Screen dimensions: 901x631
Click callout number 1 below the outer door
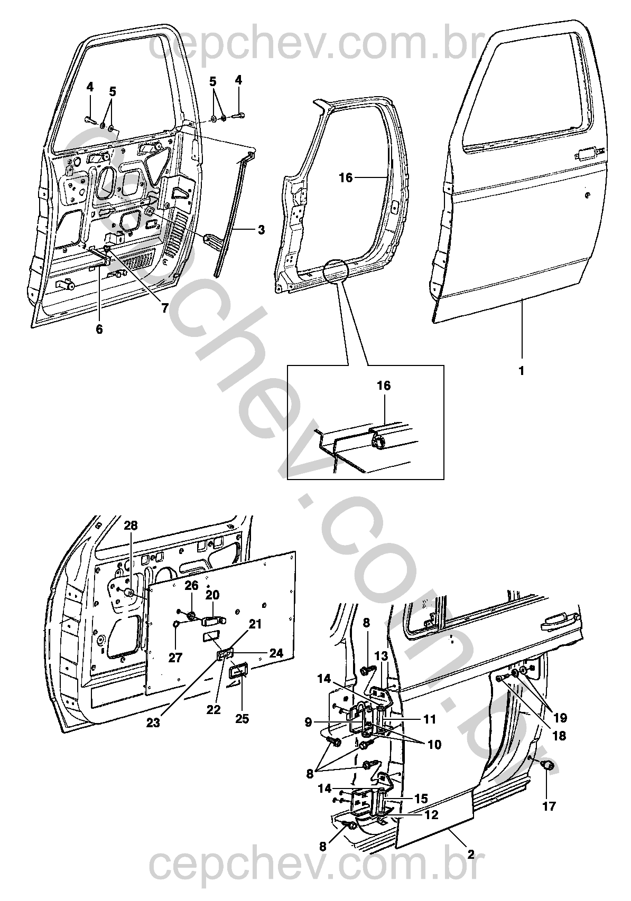(x=521, y=371)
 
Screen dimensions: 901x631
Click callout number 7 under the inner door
(x=165, y=308)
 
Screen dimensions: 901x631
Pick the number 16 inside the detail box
(x=384, y=386)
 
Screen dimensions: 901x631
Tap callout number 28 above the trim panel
(x=131, y=525)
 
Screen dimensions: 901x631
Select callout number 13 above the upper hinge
(x=382, y=656)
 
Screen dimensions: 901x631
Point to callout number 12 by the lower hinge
(x=431, y=815)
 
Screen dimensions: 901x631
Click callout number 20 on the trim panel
(x=212, y=595)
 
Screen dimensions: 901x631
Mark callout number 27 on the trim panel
(x=175, y=658)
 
